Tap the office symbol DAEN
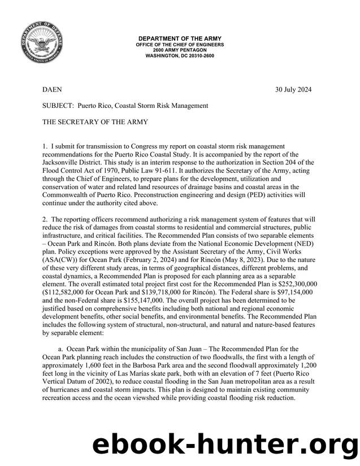click(x=53, y=90)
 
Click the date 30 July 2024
click(x=293, y=90)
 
